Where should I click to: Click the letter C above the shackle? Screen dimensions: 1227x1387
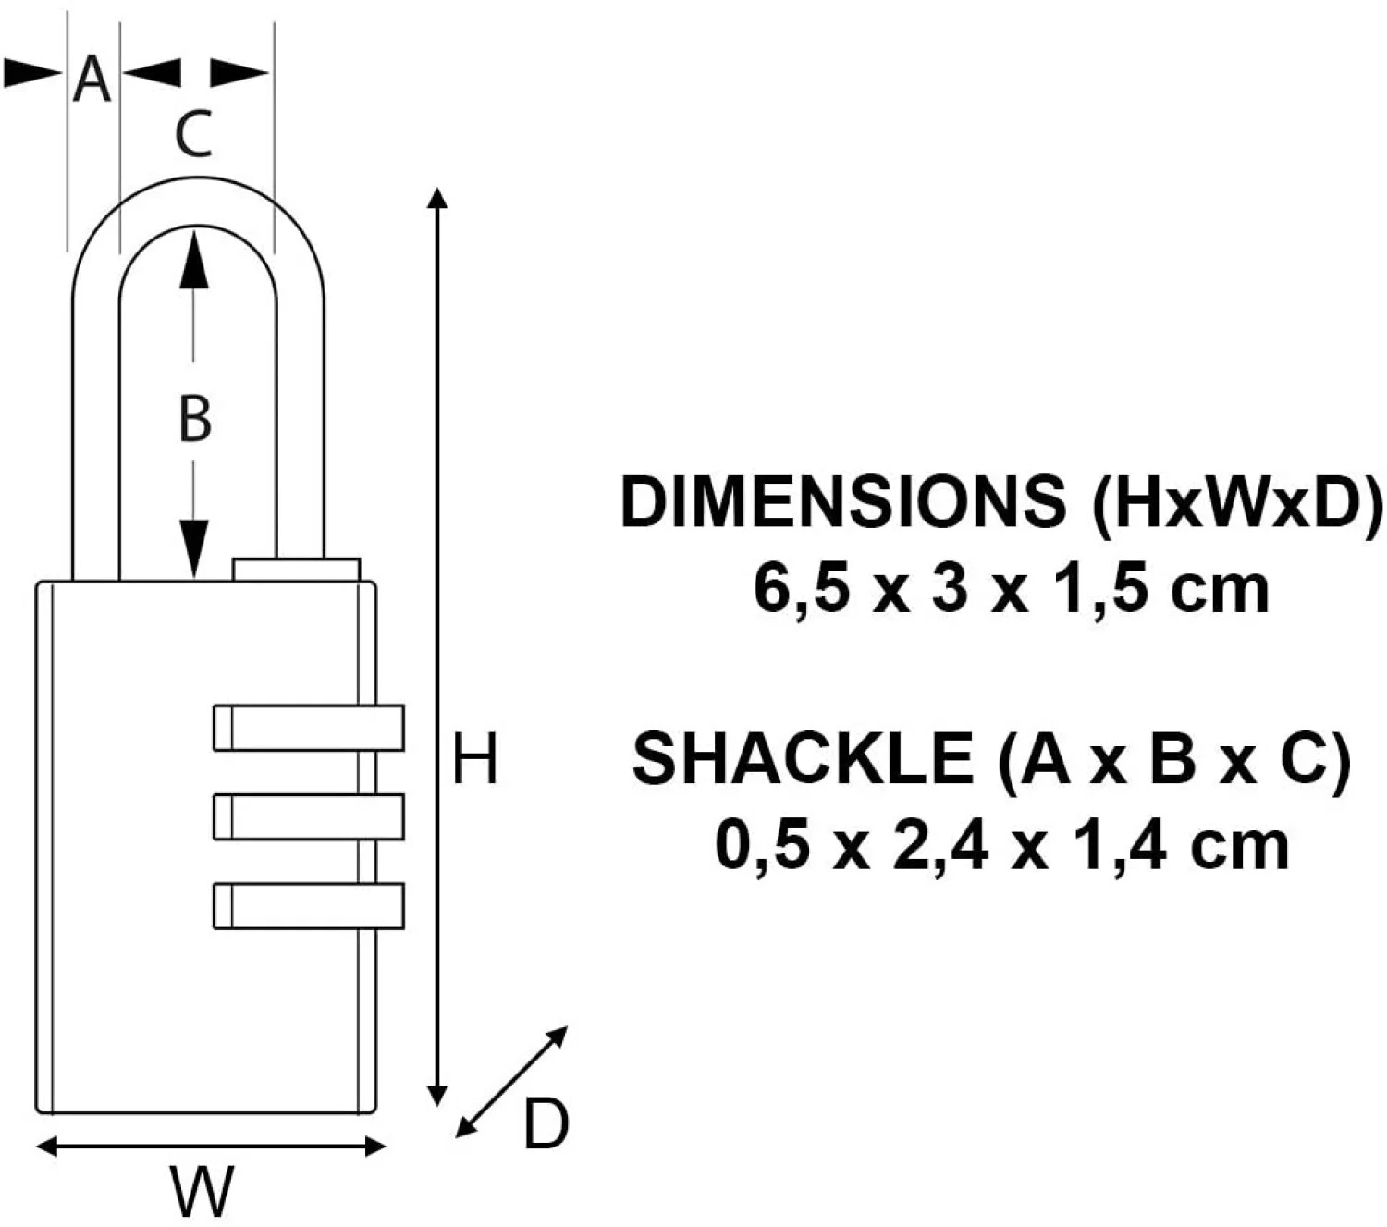point(194,134)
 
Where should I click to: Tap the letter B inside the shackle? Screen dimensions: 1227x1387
point(194,418)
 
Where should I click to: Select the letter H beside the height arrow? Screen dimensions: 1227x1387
point(474,760)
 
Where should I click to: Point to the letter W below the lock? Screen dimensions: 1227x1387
point(202,1192)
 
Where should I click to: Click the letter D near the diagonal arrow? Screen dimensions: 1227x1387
point(546,1125)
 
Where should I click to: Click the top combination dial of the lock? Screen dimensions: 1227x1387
point(308,727)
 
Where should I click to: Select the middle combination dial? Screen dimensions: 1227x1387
point(308,816)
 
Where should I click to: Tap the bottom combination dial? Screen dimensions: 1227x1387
point(308,905)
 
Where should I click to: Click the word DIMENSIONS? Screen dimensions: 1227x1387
point(842,503)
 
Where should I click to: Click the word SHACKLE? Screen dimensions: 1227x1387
point(802,759)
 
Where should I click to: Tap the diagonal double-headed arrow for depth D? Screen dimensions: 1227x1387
point(511,1082)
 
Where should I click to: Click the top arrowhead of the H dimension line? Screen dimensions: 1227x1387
point(439,197)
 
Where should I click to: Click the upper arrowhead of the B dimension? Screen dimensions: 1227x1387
point(192,254)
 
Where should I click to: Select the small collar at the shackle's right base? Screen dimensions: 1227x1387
point(296,569)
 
